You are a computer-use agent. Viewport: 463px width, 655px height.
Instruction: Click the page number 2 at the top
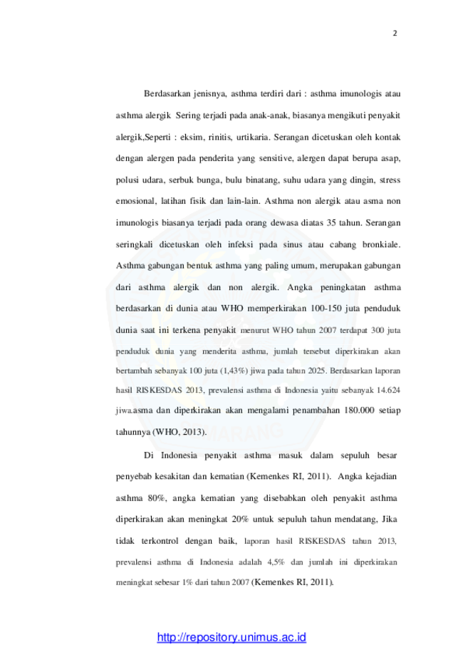point(395,33)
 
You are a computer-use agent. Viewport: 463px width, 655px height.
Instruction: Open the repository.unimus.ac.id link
point(231,637)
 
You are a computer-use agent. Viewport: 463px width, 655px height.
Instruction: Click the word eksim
point(191,137)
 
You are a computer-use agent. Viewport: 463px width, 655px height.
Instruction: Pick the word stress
point(390,180)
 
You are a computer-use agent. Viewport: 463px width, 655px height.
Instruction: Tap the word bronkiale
point(381,244)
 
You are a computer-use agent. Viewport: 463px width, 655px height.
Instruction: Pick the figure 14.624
point(388,390)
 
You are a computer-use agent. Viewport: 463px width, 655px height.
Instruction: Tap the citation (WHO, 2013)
point(180,432)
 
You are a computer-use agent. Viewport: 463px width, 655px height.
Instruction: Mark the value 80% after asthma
point(157,498)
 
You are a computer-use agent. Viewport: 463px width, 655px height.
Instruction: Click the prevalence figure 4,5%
point(276,562)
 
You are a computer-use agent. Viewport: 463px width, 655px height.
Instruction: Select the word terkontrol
point(160,541)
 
